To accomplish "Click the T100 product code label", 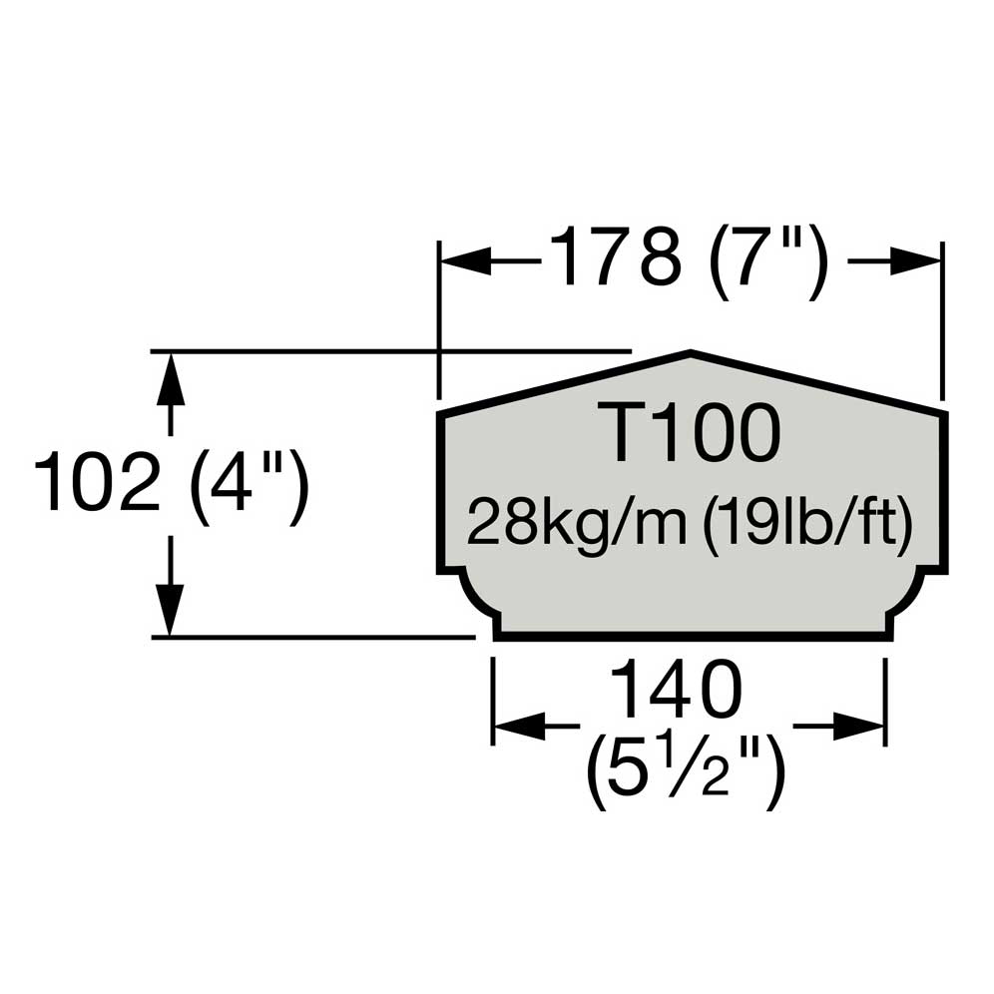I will coord(692,435).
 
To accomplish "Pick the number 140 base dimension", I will coord(676,691).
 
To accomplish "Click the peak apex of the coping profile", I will coord(691,353).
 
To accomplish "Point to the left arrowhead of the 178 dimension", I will coord(461,261).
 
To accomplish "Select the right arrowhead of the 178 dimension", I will coord(921,261).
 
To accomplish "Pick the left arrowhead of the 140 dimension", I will coord(515,726).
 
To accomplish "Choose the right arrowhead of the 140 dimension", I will coord(864,726).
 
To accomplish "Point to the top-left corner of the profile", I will coord(441,412).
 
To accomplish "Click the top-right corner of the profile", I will coord(943,412).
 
